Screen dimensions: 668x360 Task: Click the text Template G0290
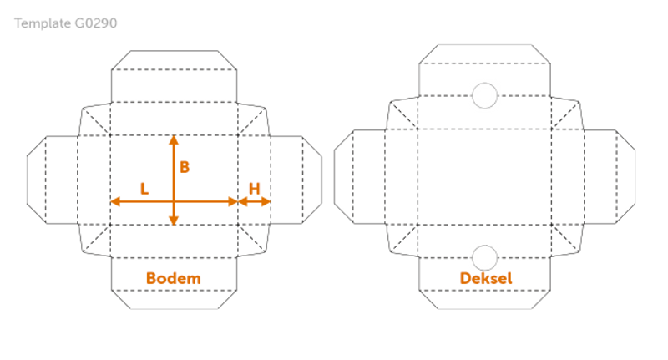(x=66, y=23)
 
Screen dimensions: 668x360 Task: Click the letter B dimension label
(x=185, y=167)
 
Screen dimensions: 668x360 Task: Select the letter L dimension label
(x=144, y=189)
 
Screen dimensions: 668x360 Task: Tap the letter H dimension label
(x=255, y=189)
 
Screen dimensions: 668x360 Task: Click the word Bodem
(x=174, y=278)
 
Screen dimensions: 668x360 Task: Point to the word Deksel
(x=486, y=278)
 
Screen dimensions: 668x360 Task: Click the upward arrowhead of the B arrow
(x=174, y=140)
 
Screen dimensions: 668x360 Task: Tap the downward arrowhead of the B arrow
(x=174, y=220)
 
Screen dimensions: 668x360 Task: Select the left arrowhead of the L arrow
(x=115, y=201)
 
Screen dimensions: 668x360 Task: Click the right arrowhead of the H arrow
(x=266, y=201)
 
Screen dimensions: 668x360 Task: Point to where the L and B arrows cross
(x=174, y=201)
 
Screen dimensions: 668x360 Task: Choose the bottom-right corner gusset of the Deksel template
(x=566, y=240)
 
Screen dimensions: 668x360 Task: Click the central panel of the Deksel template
(x=485, y=177)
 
